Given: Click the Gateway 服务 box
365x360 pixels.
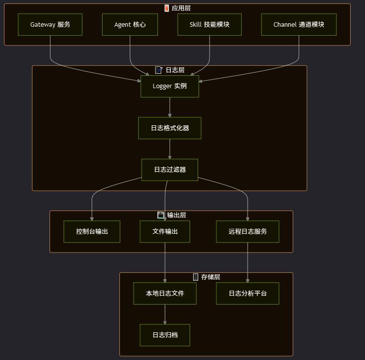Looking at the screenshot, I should pyautogui.click(x=50, y=24).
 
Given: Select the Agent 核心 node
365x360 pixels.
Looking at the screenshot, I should pyautogui.click(x=130, y=24).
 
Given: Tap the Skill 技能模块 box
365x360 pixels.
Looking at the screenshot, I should pyautogui.click(x=209, y=24).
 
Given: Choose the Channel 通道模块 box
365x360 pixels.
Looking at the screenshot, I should pyautogui.click(x=299, y=24).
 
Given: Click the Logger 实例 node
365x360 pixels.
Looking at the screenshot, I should pyautogui.click(x=170, y=87).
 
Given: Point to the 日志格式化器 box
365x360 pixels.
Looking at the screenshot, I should pyautogui.click(x=170, y=128).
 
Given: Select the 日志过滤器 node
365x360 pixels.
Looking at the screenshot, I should pyautogui.click(x=170, y=169).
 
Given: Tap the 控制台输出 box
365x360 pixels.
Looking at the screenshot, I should pyautogui.click(x=92, y=231).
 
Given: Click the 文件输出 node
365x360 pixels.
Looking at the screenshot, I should pyautogui.click(x=165, y=231).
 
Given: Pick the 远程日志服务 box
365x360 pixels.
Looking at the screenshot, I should pyautogui.click(x=248, y=231).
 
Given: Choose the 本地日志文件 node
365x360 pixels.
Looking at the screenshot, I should pyautogui.click(x=165, y=293).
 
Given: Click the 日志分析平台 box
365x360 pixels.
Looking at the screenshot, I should pyautogui.click(x=248, y=293).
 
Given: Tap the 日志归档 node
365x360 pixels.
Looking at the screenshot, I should pyautogui.click(x=165, y=335).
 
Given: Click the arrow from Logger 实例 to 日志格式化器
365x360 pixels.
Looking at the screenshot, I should pyautogui.click(x=170, y=107).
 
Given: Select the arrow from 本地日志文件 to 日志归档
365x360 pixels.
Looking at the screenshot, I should pyautogui.click(x=165, y=314).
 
